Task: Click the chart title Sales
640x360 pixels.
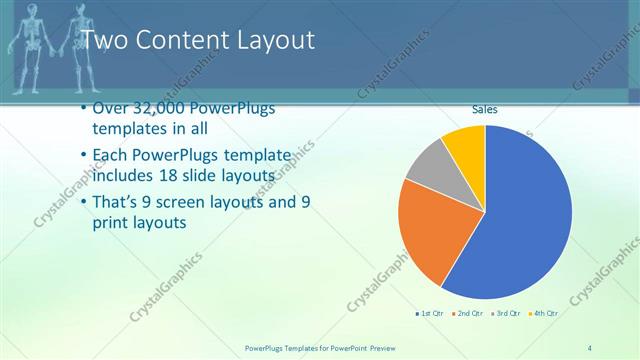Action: tap(485, 110)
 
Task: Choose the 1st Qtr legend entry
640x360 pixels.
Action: tap(431, 314)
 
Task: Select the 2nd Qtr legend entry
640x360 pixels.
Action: tap(470, 314)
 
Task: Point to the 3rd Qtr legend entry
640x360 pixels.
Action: tap(507, 314)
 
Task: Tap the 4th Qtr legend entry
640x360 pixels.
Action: tap(544, 314)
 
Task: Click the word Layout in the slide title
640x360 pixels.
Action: tap(273, 41)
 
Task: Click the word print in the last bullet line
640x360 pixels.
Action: tap(112, 223)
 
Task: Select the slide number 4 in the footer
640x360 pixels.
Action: tap(590, 347)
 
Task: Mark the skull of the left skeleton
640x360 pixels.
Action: tap(31, 10)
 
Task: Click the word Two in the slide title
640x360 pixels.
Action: tap(100, 41)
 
